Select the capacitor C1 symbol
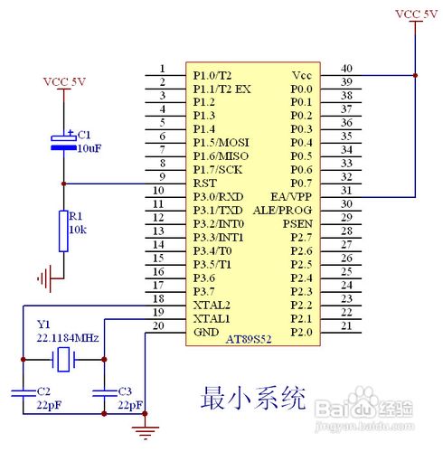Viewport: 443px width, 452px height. (62, 139)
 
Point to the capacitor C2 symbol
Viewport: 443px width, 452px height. (21, 393)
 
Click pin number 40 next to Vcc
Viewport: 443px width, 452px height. (345, 69)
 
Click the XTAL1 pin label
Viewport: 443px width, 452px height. (211, 319)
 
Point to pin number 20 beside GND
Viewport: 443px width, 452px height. (160, 326)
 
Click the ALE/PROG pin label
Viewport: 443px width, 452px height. (284, 210)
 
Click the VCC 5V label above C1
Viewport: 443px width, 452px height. (64, 81)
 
